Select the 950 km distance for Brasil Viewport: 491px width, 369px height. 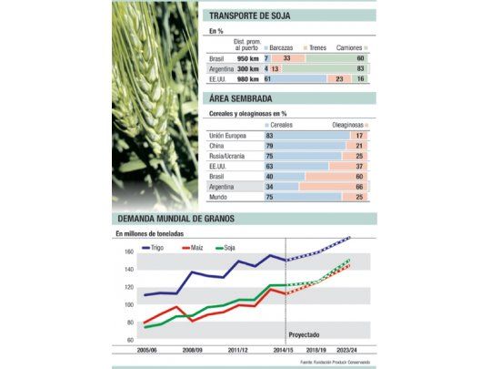[x=247, y=57]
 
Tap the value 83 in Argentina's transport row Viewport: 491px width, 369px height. [x=362, y=68]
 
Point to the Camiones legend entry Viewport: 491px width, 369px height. [x=351, y=46]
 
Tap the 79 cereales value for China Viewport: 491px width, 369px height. [x=269, y=146]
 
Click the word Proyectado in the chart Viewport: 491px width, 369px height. [x=304, y=334]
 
